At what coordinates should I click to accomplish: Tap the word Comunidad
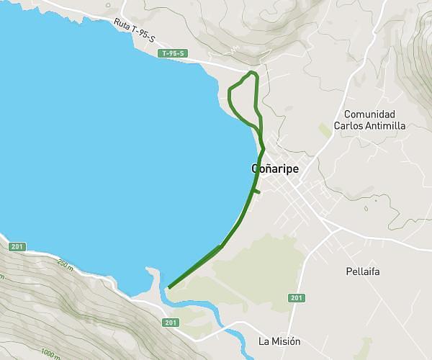click(369, 114)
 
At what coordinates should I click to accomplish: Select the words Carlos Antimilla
click(374, 125)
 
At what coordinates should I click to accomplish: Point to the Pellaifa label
click(362, 271)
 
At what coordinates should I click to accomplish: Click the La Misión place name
click(279, 341)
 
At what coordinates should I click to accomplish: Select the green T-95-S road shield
click(174, 53)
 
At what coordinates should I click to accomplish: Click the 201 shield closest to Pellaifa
click(296, 298)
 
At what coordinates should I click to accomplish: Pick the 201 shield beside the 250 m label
click(18, 247)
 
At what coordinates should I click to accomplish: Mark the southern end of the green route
click(168, 287)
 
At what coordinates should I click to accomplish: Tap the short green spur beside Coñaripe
click(257, 192)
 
